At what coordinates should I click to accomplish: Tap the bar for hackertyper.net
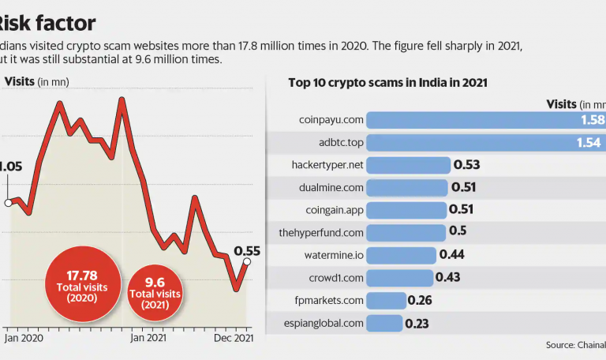click(x=409, y=165)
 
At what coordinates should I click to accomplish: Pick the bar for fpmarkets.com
click(x=387, y=300)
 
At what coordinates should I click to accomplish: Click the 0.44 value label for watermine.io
click(x=451, y=255)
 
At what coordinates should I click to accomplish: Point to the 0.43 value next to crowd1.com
click(x=448, y=277)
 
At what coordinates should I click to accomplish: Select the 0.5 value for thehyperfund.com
click(x=458, y=232)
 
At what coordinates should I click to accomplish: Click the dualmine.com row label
click(x=332, y=187)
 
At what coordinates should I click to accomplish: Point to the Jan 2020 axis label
click(x=24, y=338)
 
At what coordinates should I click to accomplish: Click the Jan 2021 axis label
click(x=149, y=338)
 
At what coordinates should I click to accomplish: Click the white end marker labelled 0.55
click(x=247, y=262)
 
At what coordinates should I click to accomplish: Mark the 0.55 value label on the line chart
click(x=247, y=250)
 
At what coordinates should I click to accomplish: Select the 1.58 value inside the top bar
click(x=590, y=120)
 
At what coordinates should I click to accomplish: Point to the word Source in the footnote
click(x=560, y=345)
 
